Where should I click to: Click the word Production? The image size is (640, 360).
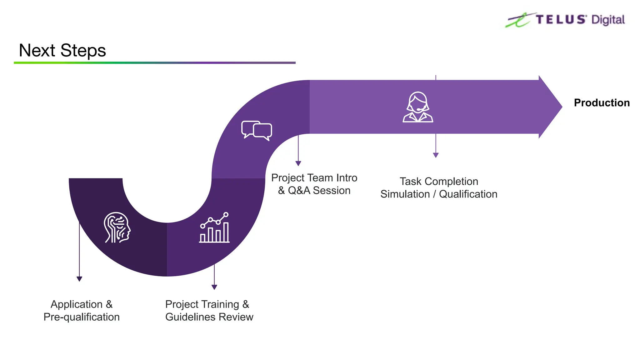point(602,103)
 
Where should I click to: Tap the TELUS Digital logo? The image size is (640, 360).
point(565,20)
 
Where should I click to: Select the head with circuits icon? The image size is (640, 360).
point(117,227)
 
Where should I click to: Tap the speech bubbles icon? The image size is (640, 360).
point(257,130)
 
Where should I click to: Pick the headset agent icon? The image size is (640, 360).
point(418,107)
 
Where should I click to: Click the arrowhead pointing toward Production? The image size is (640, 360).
point(551,107)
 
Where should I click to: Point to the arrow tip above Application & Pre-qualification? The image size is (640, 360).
point(79,279)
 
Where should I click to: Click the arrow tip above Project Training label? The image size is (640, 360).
point(214,287)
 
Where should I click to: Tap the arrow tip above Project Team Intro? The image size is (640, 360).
point(298,163)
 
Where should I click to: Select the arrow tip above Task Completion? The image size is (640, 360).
point(436,155)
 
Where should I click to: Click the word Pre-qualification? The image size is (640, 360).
point(82,317)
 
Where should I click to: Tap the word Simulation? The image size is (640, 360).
point(405,194)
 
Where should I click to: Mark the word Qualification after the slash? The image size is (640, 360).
point(468,194)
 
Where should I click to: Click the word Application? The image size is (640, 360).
point(77,304)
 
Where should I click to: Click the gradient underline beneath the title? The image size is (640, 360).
point(155,63)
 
